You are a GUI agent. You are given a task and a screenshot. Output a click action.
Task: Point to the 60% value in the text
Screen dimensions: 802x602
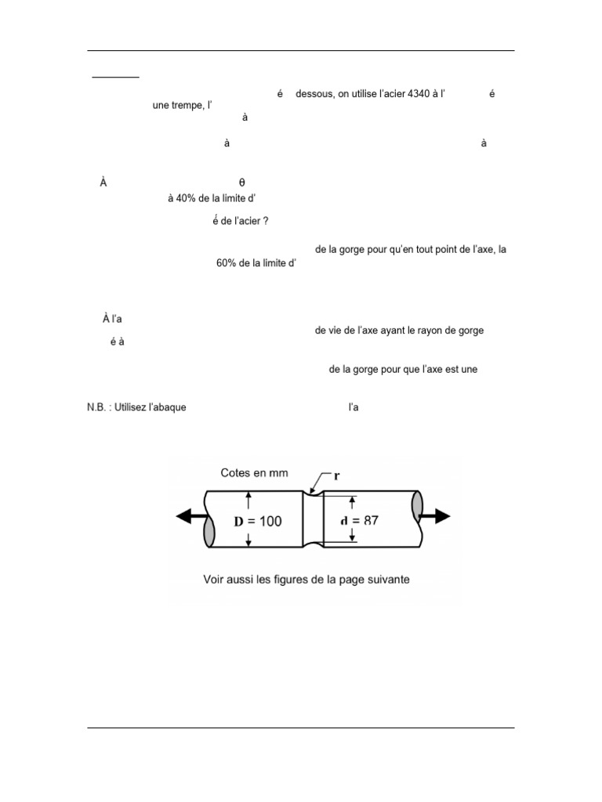coord(227,263)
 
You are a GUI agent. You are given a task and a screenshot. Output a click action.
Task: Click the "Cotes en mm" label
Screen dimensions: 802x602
coord(255,472)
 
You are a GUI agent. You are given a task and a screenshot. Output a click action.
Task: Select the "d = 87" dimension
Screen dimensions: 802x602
coord(361,520)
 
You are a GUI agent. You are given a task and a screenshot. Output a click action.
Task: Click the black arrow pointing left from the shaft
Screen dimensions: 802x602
coord(189,516)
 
